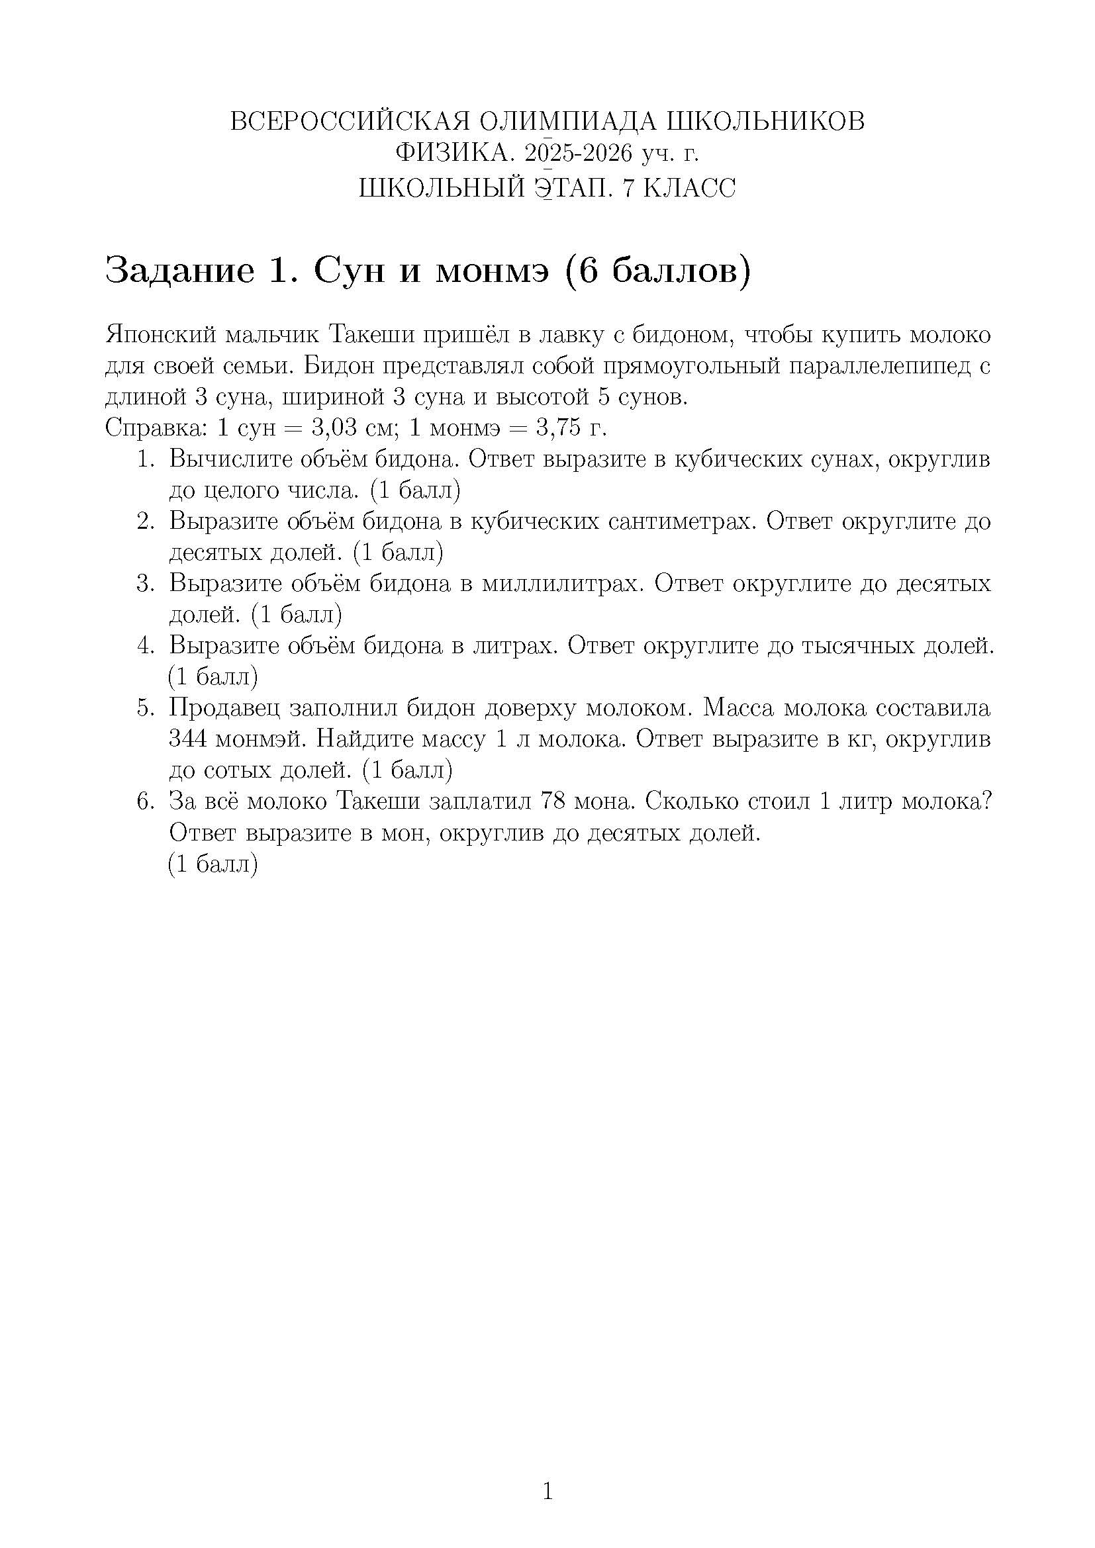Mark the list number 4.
coord(146,646)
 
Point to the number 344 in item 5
coord(187,740)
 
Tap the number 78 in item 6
coord(553,801)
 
